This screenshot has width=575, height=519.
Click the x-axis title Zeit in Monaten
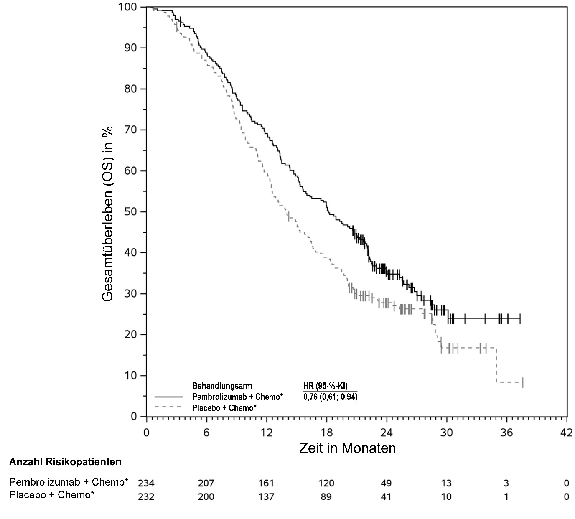click(347, 448)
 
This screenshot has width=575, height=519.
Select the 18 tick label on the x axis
click(326, 432)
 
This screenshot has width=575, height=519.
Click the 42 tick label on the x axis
click(566, 432)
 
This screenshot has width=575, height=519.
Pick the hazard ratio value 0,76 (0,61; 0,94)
click(330, 397)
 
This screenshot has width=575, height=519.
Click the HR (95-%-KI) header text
click(325, 386)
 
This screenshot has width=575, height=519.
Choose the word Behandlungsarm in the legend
click(222, 385)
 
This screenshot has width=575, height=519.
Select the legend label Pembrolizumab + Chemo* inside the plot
click(237, 397)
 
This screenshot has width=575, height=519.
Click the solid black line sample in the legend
click(169, 396)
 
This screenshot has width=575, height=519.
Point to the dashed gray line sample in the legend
click(169, 407)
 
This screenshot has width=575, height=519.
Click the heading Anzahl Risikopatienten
click(65, 462)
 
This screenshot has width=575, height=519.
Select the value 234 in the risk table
click(146, 483)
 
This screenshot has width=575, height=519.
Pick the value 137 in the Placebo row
click(266, 496)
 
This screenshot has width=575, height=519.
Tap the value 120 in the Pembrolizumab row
click(326, 483)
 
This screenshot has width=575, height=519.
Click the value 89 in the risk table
click(326, 496)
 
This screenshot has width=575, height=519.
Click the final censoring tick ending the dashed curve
click(523, 382)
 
